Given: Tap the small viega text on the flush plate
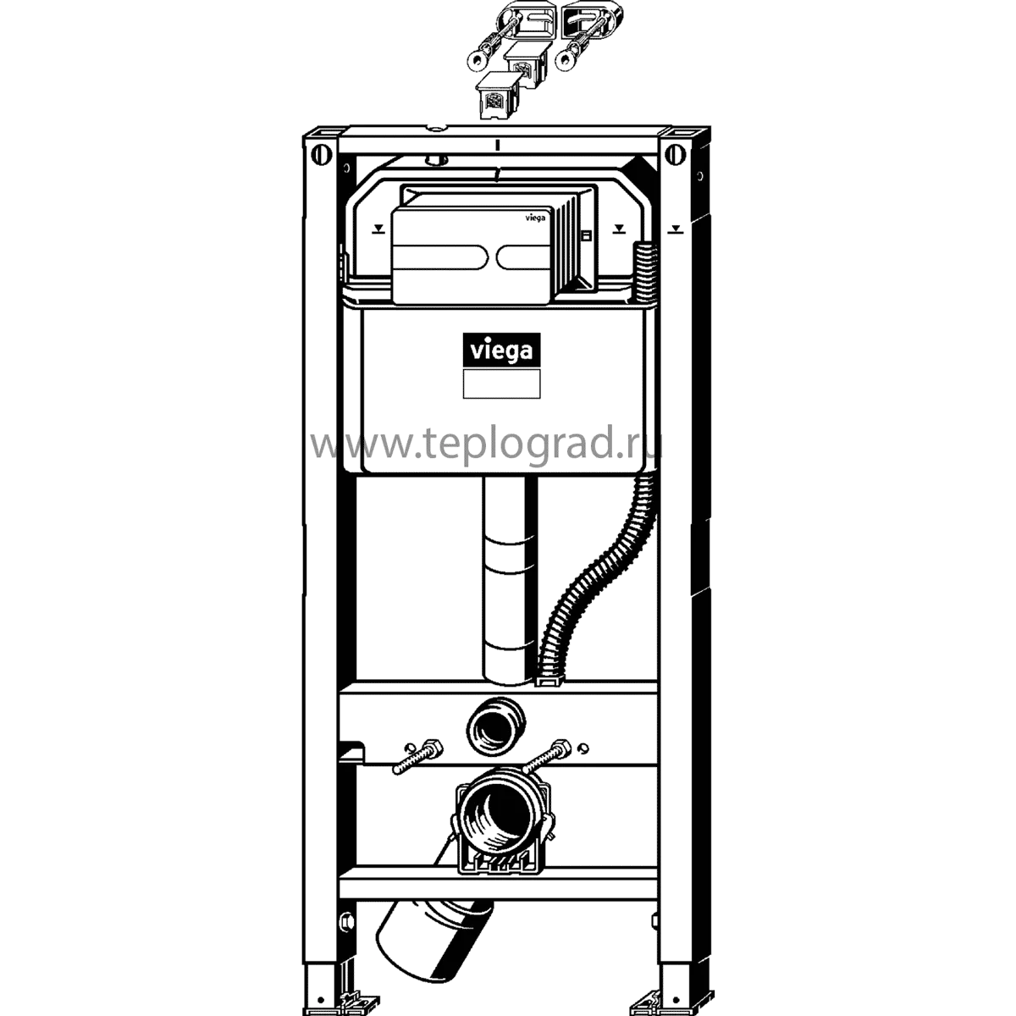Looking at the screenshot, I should point(535,217).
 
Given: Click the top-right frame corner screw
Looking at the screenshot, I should point(675,153).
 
